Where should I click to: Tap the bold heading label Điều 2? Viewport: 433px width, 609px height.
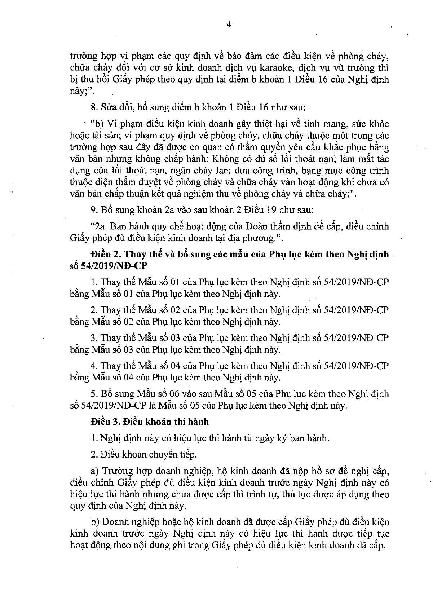click(105, 255)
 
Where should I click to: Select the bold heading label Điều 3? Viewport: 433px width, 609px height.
click(105, 422)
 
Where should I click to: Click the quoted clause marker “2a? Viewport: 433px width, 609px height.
click(99, 227)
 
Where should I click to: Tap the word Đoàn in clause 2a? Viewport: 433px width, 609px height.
click(258, 227)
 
